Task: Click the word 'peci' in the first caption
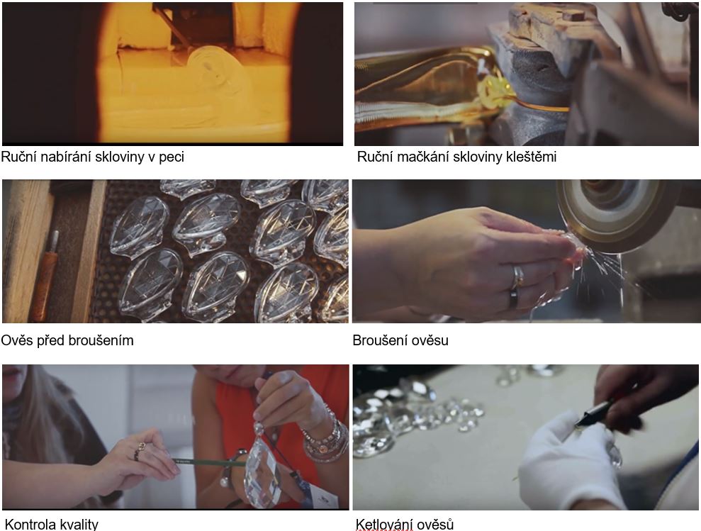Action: [x=172, y=157]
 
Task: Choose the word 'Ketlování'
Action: [x=383, y=524]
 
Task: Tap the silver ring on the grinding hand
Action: [x=517, y=277]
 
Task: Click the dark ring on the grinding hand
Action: [x=512, y=299]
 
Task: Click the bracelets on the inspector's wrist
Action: [x=326, y=437]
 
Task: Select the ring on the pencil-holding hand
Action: [x=140, y=452]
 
